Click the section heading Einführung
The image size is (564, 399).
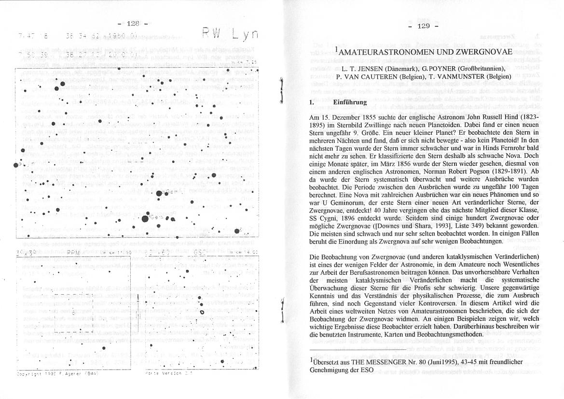click(350, 102)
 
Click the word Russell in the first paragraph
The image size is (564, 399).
click(483, 117)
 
